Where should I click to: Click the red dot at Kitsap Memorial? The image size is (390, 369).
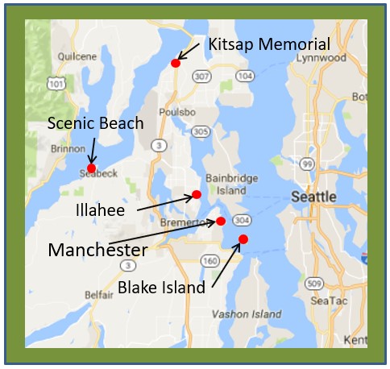[x=176, y=63]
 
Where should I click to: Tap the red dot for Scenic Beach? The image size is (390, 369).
[x=92, y=168]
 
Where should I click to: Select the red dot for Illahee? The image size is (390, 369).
[x=196, y=194]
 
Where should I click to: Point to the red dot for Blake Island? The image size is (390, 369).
[x=243, y=238]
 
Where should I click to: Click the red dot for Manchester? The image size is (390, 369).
[x=220, y=222]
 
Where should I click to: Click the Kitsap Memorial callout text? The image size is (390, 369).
[x=268, y=44]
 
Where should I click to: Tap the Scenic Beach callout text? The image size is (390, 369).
[x=95, y=123]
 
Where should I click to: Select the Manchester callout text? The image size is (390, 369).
[x=97, y=250]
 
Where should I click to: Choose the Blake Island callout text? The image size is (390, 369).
[x=161, y=287]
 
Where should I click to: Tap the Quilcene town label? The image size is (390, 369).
[x=75, y=56]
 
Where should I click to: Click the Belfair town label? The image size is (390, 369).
[x=98, y=294]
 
